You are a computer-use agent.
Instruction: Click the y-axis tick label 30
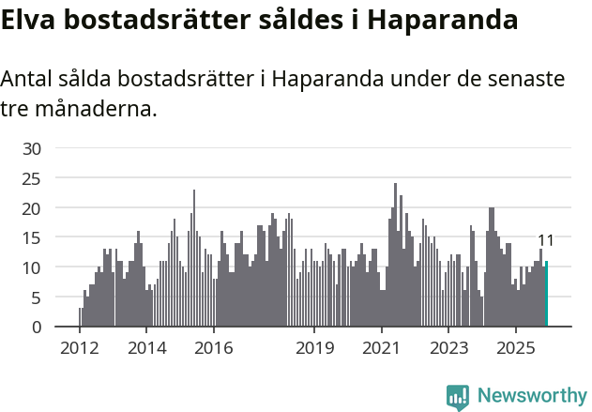(x=31, y=148)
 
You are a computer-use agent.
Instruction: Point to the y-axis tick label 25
(x=31, y=178)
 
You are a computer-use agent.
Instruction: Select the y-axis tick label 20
(x=31, y=208)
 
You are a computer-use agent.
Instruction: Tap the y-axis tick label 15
(x=31, y=237)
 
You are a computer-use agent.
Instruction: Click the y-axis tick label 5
(x=36, y=298)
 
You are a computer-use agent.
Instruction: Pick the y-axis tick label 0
(x=36, y=328)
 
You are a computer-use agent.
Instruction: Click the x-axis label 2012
(x=80, y=349)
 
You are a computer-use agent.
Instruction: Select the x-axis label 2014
(x=146, y=349)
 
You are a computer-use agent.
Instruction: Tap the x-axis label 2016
(x=214, y=349)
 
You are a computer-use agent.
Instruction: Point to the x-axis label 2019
(x=314, y=349)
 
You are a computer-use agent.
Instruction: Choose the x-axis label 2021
(x=382, y=349)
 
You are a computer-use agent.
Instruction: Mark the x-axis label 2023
(x=448, y=349)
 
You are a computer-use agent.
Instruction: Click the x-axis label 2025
(x=515, y=349)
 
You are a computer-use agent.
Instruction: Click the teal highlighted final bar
(x=546, y=295)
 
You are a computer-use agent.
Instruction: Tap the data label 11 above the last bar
(x=546, y=240)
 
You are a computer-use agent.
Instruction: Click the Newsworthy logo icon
(x=458, y=397)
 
